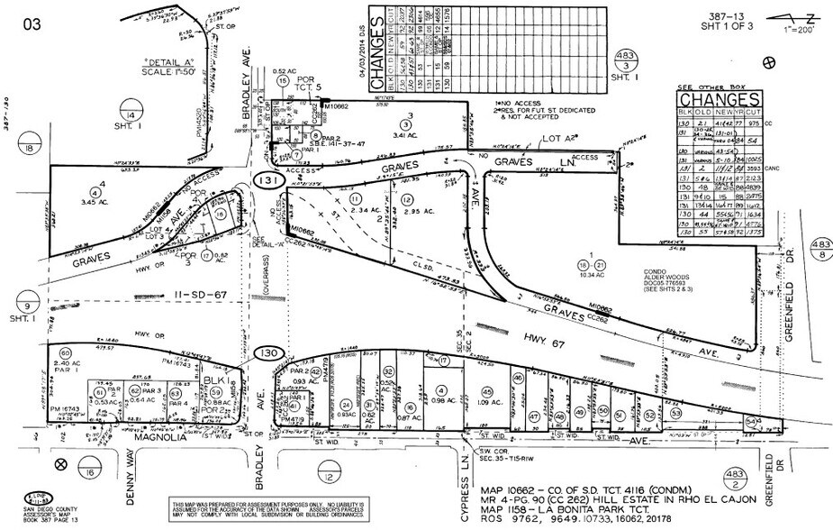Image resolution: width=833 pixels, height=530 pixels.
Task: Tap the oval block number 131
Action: (269, 180)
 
